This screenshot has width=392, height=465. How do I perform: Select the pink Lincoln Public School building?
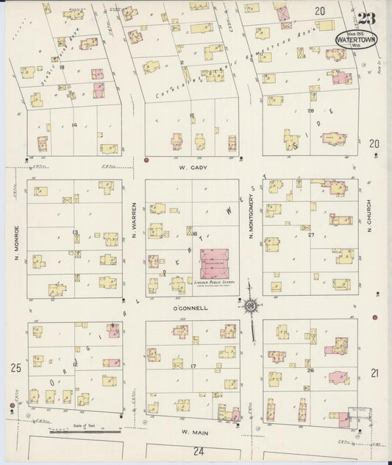point(215,263)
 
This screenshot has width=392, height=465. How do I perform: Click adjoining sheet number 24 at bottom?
point(197,450)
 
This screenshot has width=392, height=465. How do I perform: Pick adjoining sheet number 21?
point(375,373)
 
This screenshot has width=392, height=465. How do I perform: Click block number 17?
point(193,366)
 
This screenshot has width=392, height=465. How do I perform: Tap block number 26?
point(310,370)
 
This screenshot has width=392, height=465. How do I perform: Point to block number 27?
point(311,235)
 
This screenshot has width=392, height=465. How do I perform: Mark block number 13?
point(75,232)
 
